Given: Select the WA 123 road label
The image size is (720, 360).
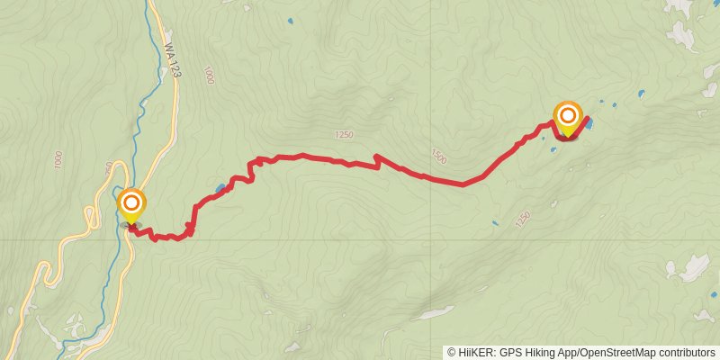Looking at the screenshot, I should (x=171, y=63).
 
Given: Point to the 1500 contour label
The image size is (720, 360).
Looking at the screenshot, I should (x=438, y=155).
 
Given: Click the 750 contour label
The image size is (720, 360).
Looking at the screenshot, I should (x=109, y=168).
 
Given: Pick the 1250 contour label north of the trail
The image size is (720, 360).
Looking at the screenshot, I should (x=343, y=135).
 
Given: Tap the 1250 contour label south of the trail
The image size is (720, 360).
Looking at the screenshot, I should (x=521, y=219).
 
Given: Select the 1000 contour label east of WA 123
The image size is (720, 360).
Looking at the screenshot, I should (x=209, y=76).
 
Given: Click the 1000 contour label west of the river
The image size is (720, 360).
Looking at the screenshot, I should (x=58, y=161).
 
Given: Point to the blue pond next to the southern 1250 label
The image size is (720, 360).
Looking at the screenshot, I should (x=494, y=223).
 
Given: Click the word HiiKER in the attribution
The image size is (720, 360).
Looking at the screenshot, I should (x=476, y=353).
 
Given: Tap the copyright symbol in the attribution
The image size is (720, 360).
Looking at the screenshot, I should (x=452, y=353).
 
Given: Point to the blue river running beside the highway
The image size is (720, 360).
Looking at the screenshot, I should (x=135, y=135).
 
